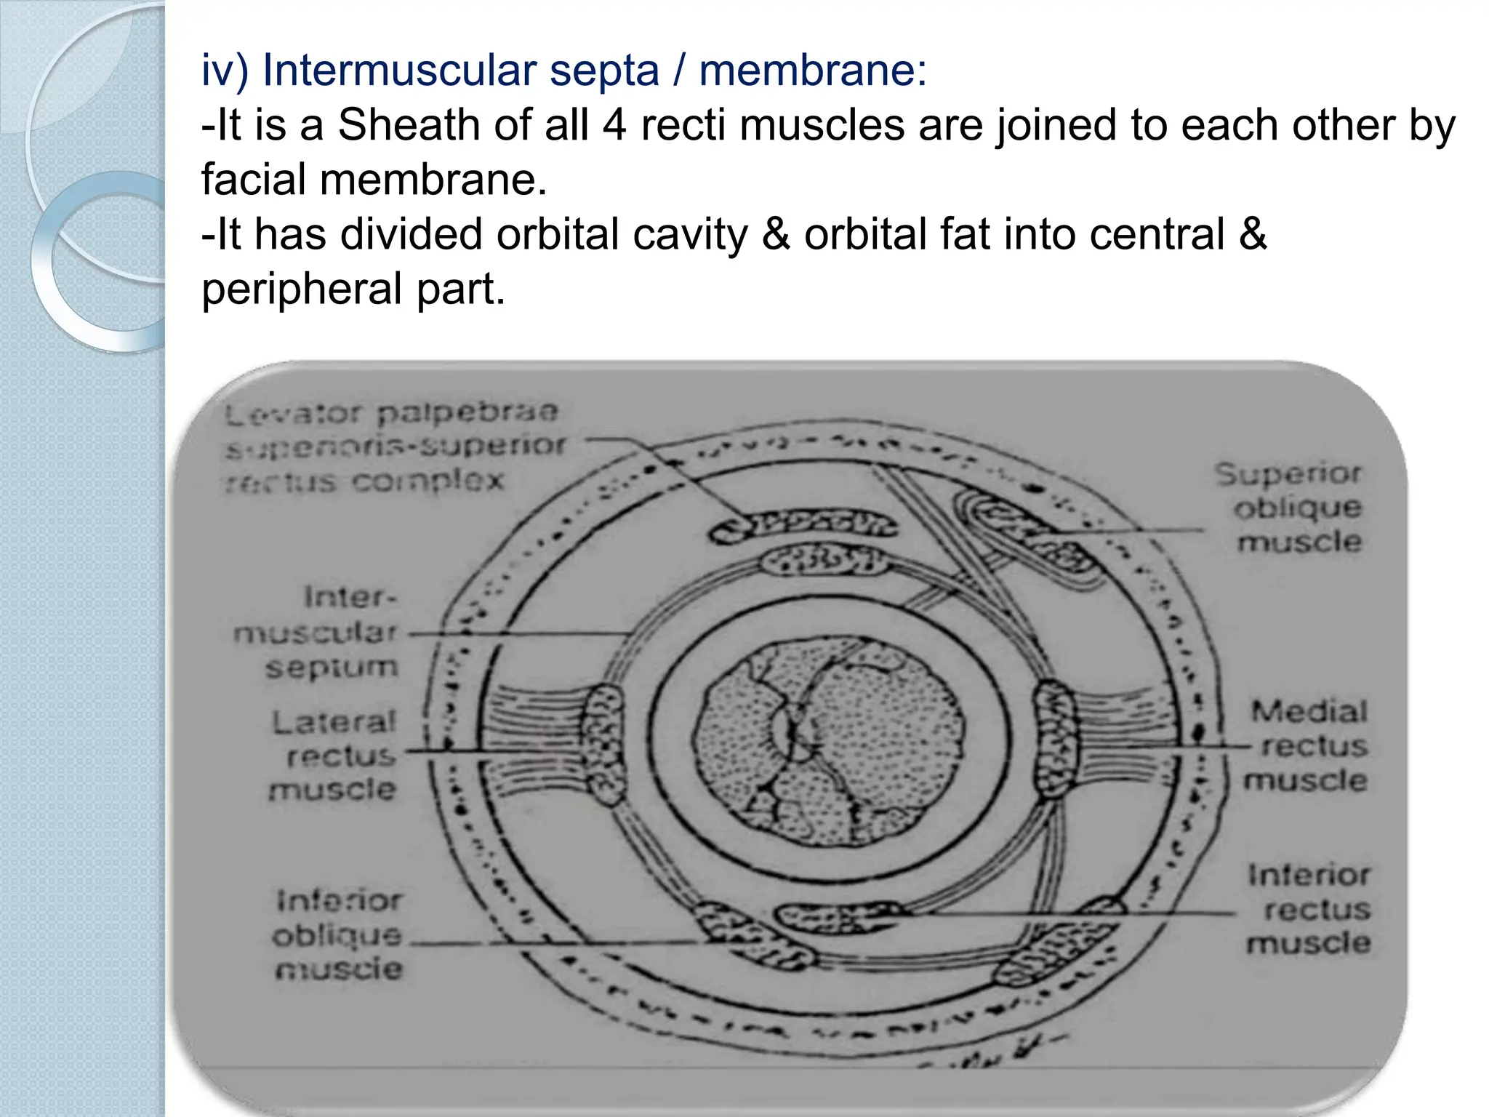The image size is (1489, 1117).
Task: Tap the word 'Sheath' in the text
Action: pyautogui.click(x=408, y=125)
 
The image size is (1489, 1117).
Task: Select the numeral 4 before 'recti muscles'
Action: pyautogui.click(x=614, y=125)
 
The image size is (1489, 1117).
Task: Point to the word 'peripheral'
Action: pyautogui.click(x=301, y=289)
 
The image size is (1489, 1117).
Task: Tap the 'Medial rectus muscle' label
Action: pyautogui.click(x=1308, y=745)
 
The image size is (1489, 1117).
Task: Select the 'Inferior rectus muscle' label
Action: pyautogui.click(x=1309, y=909)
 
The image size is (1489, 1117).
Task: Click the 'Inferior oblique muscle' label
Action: pyautogui.click(x=338, y=934)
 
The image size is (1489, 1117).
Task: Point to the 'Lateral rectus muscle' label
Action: pyautogui.click(x=334, y=756)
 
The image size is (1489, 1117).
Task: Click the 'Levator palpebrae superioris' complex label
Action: pyautogui.click(x=393, y=446)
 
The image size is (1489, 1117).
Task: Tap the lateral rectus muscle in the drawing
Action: pyautogui.click(x=603, y=745)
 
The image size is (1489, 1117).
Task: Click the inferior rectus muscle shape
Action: pyautogui.click(x=836, y=918)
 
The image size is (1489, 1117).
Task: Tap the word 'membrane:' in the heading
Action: pyautogui.click(x=813, y=71)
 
